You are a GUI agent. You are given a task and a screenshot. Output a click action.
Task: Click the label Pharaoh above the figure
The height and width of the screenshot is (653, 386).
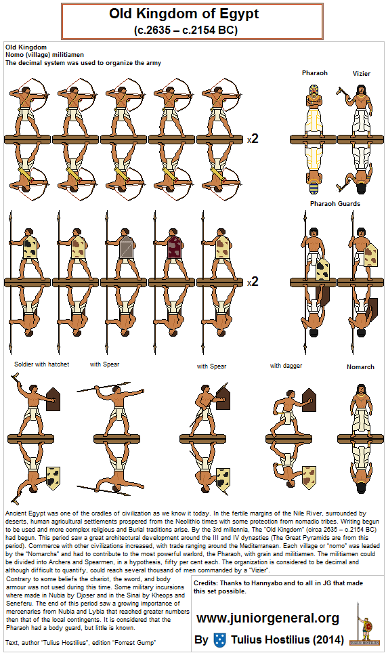[314, 72]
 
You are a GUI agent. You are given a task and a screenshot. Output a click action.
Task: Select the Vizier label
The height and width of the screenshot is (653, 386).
[360, 72]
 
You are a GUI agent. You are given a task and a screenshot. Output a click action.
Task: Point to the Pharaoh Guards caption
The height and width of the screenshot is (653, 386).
[335, 203]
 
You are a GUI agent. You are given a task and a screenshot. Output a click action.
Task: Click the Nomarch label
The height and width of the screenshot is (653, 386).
[360, 367]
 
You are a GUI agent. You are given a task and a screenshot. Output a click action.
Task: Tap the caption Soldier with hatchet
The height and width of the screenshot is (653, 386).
[42, 364]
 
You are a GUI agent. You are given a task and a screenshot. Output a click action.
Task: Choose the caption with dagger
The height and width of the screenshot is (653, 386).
[285, 366]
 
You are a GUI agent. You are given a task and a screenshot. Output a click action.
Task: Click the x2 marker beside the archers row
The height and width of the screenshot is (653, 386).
[253, 139]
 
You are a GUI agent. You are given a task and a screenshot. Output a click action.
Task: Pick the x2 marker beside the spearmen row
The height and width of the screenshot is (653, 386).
[253, 281]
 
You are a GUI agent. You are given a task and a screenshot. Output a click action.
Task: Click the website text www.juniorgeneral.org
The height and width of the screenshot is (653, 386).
[267, 618]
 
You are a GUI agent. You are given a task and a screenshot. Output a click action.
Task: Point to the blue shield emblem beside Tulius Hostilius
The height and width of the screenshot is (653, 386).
[220, 639]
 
